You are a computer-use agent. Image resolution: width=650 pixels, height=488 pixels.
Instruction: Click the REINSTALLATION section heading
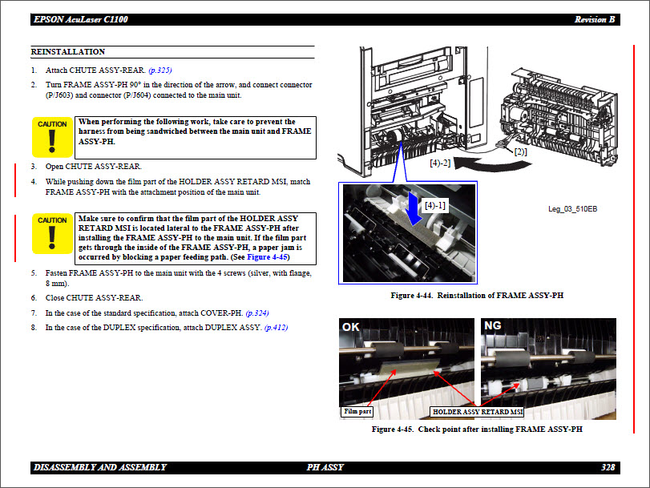[68, 52]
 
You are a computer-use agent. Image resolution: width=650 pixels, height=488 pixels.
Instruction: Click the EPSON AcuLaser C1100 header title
[80, 19]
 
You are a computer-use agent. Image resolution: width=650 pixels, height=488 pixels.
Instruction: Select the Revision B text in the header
[595, 19]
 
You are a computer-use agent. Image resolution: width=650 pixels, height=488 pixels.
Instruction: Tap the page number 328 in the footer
[608, 467]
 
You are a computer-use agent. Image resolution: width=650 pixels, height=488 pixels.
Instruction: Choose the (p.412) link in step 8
[276, 328]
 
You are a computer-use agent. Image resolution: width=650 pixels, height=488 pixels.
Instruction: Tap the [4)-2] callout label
[440, 163]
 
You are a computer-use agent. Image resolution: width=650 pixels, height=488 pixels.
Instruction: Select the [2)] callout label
[520, 151]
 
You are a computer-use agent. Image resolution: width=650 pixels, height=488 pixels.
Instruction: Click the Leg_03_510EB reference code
[572, 209]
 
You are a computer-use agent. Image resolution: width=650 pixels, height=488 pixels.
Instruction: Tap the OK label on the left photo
[351, 327]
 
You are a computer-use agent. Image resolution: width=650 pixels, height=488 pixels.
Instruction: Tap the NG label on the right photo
[492, 327]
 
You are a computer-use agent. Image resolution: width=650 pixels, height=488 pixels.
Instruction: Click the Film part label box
[358, 411]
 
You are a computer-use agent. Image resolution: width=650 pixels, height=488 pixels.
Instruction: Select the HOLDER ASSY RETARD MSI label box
[478, 411]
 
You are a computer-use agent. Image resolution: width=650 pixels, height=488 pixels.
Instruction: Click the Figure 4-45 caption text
[477, 430]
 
